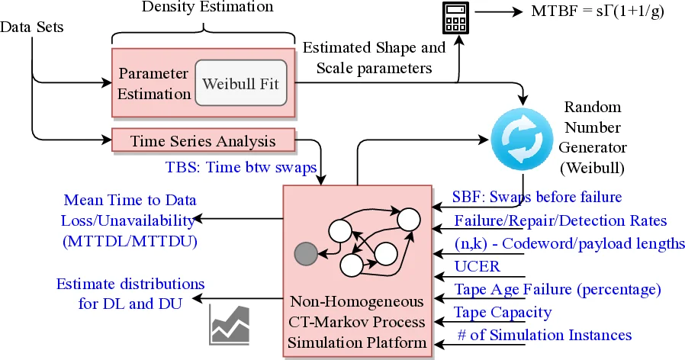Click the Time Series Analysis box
point(203,140)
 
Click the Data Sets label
point(31,27)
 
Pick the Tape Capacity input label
point(503,312)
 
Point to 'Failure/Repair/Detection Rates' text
point(561,221)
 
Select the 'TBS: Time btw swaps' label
point(242,166)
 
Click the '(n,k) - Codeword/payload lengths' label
point(568,244)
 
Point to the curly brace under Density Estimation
point(203,36)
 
